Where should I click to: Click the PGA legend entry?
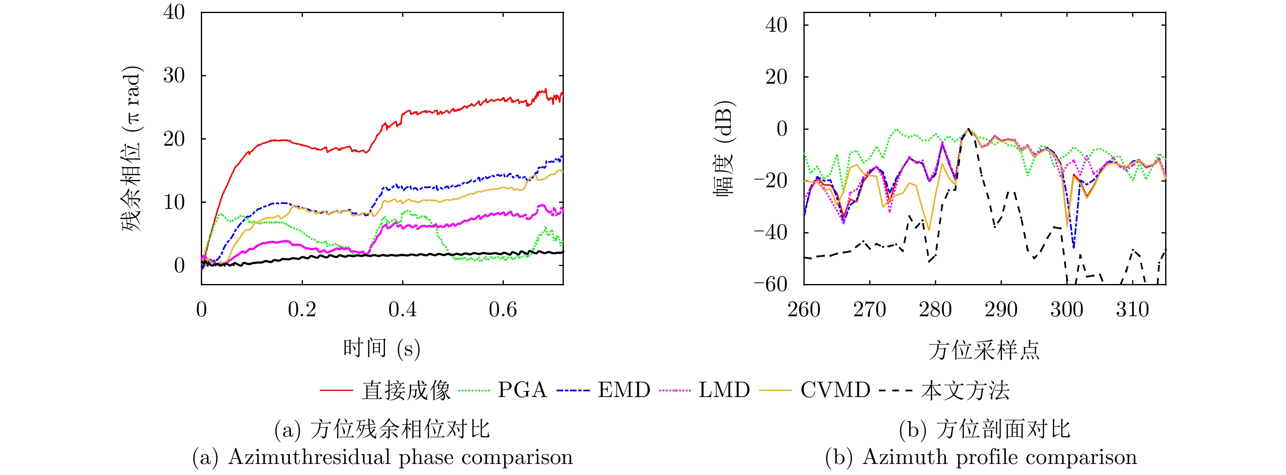[522, 390]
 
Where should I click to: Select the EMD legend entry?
[624, 390]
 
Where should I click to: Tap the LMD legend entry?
[724, 390]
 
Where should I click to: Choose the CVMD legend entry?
[835, 390]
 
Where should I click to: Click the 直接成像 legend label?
[406, 390]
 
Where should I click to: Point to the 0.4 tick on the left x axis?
[403, 310]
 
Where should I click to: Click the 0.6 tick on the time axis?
[503, 310]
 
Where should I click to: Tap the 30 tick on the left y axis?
[174, 76]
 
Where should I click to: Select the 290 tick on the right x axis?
[1001, 310]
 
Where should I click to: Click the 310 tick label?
[1132, 310]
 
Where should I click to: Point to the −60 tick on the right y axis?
[770, 284]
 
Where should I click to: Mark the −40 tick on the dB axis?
[770, 233]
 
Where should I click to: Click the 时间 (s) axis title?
[382, 348]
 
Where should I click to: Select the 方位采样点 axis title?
[984, 350]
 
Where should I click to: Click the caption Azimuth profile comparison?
[999, 457]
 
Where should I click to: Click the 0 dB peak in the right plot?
[968, 129]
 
